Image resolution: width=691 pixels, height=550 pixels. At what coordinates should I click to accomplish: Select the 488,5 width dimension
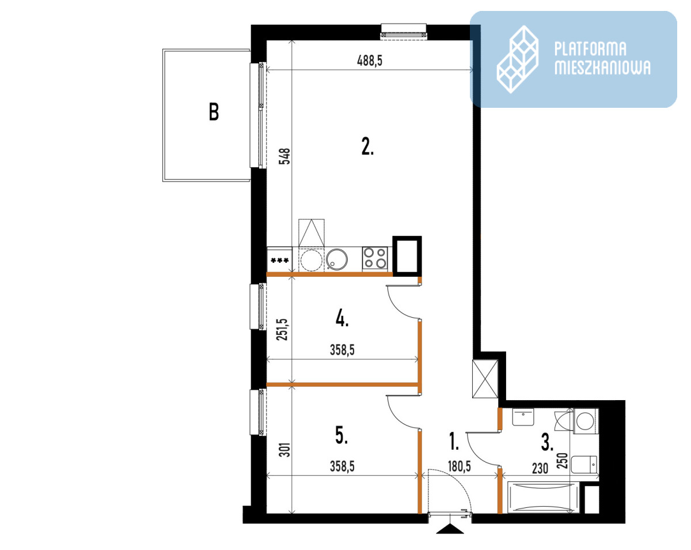pyautogui.click(x=370, y=61)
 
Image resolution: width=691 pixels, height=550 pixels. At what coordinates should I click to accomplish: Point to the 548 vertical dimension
pyautogui.click(x=284, y=156)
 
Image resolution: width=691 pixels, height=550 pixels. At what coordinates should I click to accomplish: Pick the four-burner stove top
pyautogui.click(x=375, y=258)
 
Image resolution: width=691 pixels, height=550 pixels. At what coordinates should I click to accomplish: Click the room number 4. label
pyautogui.click(x=342, y=319)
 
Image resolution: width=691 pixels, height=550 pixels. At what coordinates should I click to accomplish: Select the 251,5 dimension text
pyautogui.click(x=282, y=330)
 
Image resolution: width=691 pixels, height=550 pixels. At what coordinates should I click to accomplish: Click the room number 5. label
pyautogui.click(x=341, y=436)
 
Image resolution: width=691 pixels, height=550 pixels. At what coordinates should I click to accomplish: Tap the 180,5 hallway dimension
pyautogui.click(x=460, y=466)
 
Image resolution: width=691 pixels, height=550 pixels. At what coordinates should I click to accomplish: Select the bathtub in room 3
pyautogui.click(x=543, y=497)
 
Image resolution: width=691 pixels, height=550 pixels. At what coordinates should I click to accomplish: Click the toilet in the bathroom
pyautogui.click(x=584, y=465)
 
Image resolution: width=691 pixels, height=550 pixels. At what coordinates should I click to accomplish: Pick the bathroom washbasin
pyautogui.click(x=523, y=417)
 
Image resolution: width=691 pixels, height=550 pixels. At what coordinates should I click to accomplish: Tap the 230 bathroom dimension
pyautogui.click(x=540, y=468)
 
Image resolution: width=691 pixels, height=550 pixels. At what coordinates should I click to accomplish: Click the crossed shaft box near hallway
pyautogui.click(x=485, y=379)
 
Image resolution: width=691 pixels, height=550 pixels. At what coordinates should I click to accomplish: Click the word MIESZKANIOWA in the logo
pyautogui.click(x=602, y=67)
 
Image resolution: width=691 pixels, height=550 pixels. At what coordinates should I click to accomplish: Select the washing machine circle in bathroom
pyautogui.click(x=585, y=420)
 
